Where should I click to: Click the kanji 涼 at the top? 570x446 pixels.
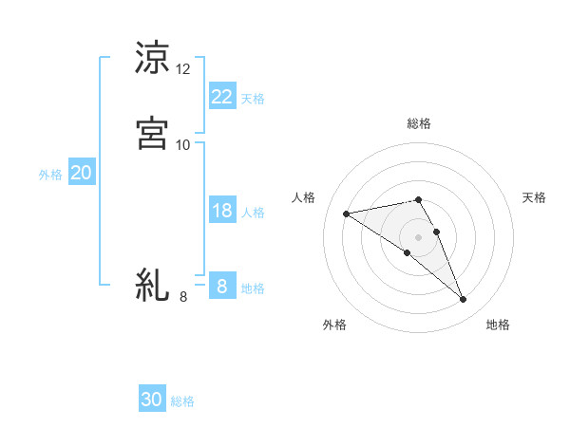[152, 58]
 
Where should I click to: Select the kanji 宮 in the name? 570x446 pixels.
[152, 132]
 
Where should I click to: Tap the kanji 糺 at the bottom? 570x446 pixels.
[152, 284]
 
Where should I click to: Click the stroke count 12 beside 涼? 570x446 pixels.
[183, 69]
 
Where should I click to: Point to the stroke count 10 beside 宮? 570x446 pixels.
[183, 144]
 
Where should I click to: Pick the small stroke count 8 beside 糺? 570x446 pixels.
[183, 297]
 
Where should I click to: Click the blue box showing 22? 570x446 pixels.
[221, 97]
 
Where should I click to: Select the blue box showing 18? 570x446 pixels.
[221, 211]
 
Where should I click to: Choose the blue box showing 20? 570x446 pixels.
[81, 173]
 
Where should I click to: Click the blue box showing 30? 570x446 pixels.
[152, 400]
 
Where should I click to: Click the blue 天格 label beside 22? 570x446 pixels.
[253, 99]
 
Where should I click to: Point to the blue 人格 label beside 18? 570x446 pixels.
[253, 213]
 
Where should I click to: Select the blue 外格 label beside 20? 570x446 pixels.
[50, 175]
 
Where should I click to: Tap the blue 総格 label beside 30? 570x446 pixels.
[182, 401]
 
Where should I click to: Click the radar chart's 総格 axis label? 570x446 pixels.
[419, 123]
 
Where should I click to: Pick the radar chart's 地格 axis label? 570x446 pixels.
[498, 325]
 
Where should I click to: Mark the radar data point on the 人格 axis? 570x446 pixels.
[347, 214]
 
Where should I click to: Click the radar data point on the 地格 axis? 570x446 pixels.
[464, 300]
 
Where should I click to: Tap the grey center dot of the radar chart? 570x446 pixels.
[419, 235]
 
